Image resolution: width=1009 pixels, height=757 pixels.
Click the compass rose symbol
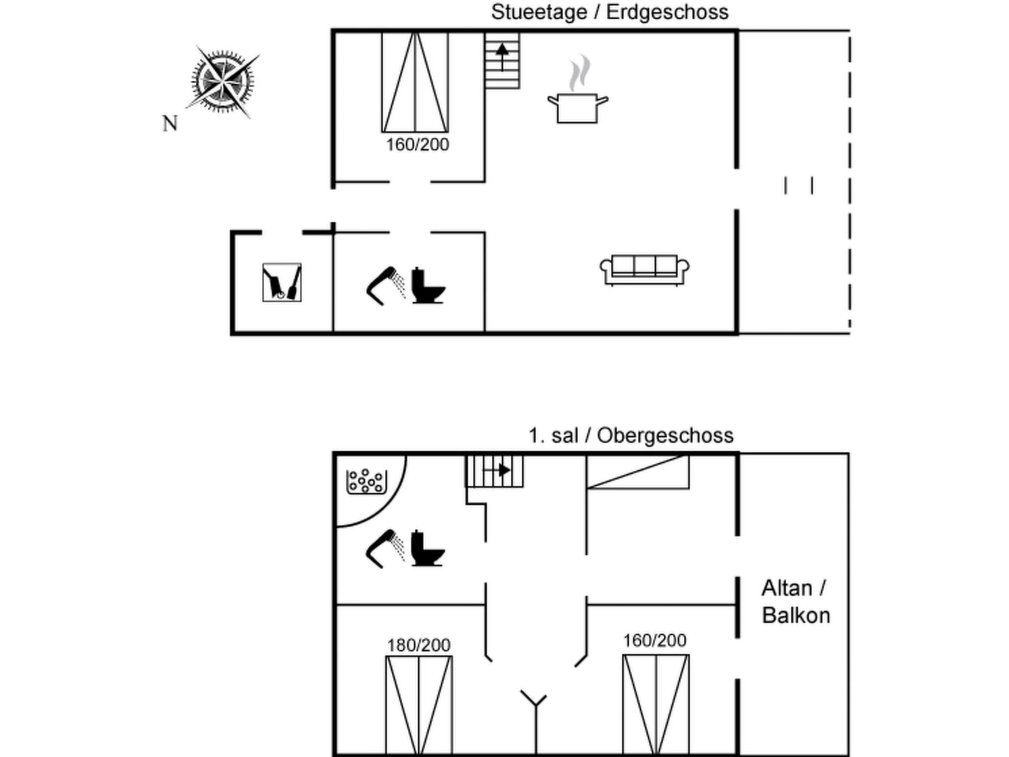[223, 81]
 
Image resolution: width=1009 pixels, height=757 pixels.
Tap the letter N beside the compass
[170, 124]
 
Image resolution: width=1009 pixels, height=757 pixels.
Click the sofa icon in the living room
[644, 270]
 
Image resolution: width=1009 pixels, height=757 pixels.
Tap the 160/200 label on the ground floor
[417, 145]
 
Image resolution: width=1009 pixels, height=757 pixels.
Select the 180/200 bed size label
[418, 645]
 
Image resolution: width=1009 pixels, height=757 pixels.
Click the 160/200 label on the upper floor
[654, 640]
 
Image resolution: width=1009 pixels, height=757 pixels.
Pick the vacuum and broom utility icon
[282, 282]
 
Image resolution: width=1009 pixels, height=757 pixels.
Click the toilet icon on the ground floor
[427, 286]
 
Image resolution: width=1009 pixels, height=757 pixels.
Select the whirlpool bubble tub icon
[366, 481]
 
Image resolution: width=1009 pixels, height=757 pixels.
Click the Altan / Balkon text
[795, 602]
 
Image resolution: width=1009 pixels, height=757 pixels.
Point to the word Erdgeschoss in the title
[667, 12]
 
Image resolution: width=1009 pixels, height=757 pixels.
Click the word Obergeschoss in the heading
[665, 436]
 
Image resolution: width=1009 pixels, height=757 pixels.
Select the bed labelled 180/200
[419, 705]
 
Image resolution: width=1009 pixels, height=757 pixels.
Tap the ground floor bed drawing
[415, 82]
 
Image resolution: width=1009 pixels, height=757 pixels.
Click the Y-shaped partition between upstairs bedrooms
[535, 710]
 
